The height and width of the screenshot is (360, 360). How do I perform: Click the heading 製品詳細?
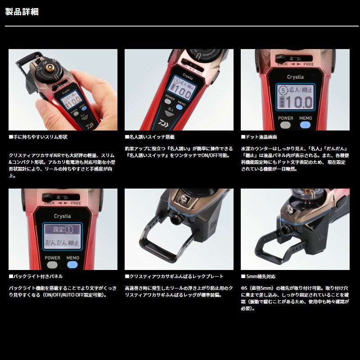pyautogui.click(x=22, y=12)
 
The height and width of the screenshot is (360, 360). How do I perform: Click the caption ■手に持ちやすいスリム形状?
pyautogui.click(x=38, y=136)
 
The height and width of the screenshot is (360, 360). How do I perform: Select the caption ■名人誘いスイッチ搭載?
pyautogui.click(x=149, y=136)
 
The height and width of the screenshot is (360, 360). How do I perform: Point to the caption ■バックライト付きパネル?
pyautogui.click(x=36, y=276)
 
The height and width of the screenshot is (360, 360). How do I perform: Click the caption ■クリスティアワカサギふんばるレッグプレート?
pyautogui.click(x=174, y=276)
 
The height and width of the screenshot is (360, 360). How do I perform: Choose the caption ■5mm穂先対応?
pyautogui.click(x=258, y=276)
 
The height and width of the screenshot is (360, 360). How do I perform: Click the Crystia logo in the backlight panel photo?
pyautogui.click(x=63, y=216)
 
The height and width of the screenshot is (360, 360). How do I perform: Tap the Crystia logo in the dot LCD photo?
pyautogui.click(x=295, y=76)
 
